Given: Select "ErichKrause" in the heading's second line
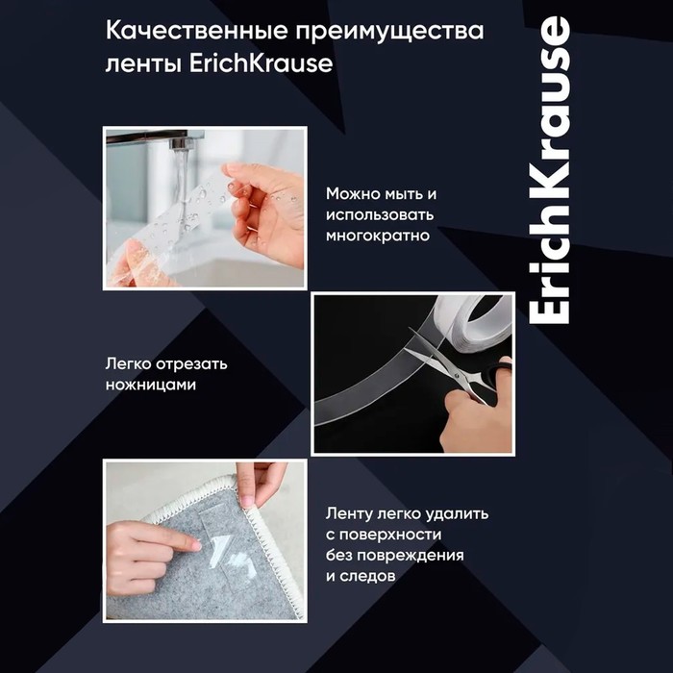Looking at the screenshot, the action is pos(261,63).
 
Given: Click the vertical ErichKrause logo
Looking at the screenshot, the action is pos(550,170).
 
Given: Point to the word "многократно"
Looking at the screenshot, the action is pos(378,236).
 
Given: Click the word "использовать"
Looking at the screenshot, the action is pos(380,214).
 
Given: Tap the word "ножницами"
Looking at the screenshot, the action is pos(151,385).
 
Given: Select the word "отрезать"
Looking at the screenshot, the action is pos(191,364).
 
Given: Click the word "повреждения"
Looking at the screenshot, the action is pos(411,556).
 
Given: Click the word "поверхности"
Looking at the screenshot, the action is pos(390,535).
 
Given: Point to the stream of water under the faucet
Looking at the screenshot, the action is pos(182,188).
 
